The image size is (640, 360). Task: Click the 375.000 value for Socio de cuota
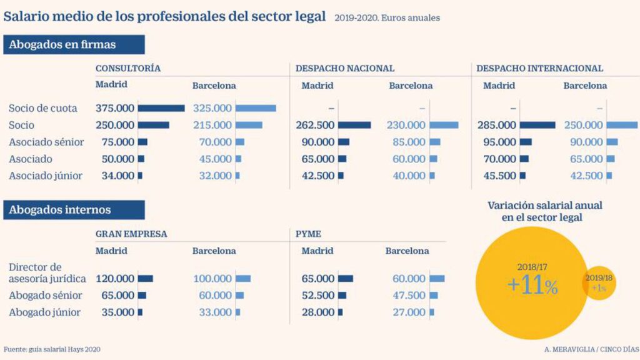click(x=115, y=108)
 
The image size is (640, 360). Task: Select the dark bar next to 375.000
click(x=161, y=108)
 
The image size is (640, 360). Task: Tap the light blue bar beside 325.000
click(x=256, y=108)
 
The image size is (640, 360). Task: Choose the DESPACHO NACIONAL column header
click(x=344, y=68)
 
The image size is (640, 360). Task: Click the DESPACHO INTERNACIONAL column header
click(x=539, y=68)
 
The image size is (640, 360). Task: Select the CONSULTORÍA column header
click(x=128, y=68)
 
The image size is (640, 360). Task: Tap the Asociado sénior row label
click(x=46, y=142)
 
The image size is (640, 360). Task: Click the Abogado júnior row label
click(x=44, y=312)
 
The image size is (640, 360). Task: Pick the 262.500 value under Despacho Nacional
click(x=315, y=125)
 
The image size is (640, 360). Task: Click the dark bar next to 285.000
click(x=537, y=125)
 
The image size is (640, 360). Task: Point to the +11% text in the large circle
click(x=532, y=286)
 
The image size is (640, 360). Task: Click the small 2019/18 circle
click(x=599, y=282)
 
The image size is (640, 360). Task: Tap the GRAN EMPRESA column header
click(x=131, y=234)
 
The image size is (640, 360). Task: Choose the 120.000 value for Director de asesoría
click(x=115, y=278)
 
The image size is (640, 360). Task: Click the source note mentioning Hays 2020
click(x=52, y=349)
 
